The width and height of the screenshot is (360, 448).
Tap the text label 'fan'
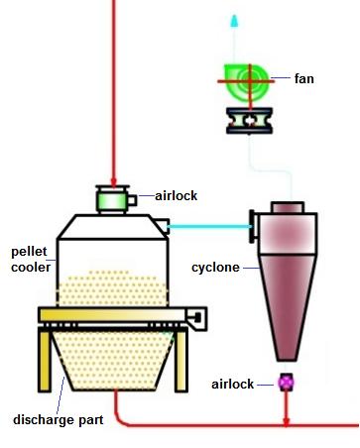[x=305, y=78]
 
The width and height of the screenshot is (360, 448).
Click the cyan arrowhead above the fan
[x=235, y=20]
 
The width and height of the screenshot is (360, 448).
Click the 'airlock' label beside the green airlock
[x=176, y=195]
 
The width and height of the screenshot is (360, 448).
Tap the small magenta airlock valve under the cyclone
[x=288, y=381]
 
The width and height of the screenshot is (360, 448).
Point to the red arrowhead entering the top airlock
[x=116, y=178]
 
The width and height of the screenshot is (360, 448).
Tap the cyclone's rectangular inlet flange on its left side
[x=254, y=226]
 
